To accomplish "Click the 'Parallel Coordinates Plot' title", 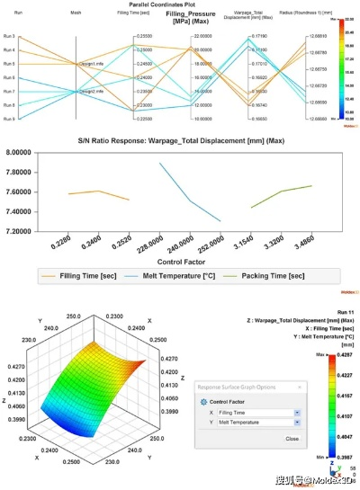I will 180,4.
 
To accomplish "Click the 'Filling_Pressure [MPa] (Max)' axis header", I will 190,17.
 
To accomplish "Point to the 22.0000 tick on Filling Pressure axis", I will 202,35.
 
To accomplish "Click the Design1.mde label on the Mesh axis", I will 91,65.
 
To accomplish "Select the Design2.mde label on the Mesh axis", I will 91,91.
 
